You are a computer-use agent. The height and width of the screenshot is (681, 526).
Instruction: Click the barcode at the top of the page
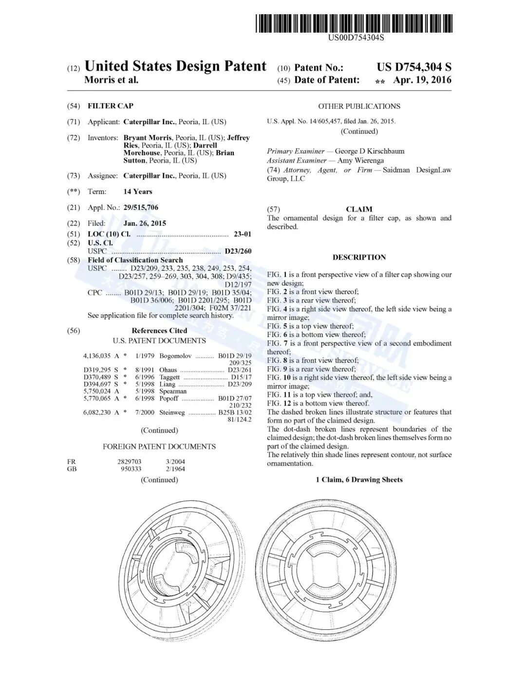point(354,23)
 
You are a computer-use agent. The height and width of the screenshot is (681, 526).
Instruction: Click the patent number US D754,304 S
point(413,67)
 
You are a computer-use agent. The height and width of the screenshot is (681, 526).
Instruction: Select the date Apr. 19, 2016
point(422,80)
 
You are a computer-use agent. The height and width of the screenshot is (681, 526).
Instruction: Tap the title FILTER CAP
point(110,106)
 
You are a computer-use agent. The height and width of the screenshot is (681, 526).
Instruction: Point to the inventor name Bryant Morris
point(148,138)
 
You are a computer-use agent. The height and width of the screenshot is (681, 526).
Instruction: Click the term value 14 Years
point(137,191)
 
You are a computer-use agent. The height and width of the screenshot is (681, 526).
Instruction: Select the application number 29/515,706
point(141,208)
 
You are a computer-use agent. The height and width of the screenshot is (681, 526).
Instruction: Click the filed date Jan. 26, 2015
point(145,223)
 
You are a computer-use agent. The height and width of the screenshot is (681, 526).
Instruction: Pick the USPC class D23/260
point(238,251)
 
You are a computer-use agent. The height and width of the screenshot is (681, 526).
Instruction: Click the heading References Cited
point(159,331)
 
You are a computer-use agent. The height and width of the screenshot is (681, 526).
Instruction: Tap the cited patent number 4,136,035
point(97,356)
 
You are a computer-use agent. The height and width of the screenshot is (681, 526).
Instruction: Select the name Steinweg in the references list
point(172,413)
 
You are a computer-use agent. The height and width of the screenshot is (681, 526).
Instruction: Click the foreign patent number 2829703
point(129,461)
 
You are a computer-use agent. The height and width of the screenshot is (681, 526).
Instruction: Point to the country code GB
point(72,469)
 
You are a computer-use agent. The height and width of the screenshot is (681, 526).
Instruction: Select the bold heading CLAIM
point(359,209)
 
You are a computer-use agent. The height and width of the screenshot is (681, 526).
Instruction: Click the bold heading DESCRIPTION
point(359,257)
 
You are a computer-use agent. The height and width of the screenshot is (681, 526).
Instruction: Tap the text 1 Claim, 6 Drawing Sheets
point(359,480)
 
